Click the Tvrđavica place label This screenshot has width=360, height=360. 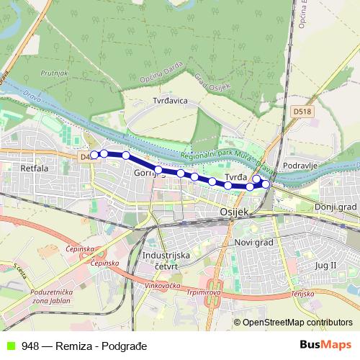pos(170,101)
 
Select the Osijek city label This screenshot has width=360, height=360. pos(233,212)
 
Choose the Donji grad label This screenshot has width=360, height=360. pos(331,207)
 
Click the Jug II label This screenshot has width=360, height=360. pos(325,265)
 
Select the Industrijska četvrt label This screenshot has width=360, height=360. pos(166,261)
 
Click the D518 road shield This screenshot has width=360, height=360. pos(302,112)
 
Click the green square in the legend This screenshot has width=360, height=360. pos(9,346)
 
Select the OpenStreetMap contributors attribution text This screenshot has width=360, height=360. pos(297,323)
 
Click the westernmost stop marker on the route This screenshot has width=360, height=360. pos(94,154)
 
